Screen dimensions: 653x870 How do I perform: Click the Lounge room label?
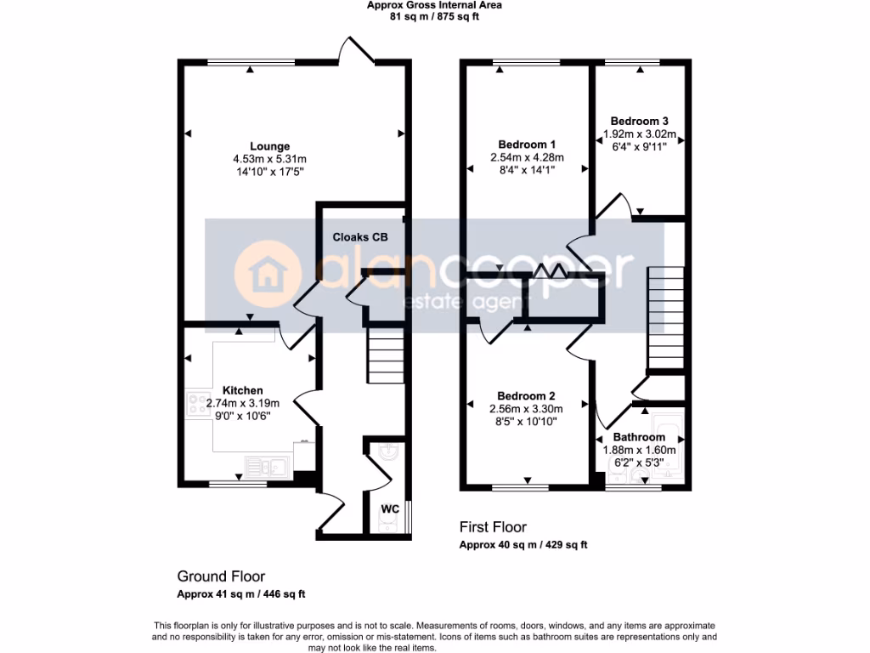click(269, 146)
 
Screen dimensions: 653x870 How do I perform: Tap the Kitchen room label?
click(243, 390)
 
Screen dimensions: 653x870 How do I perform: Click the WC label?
click(390, 508)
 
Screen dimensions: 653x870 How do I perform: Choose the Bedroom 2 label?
click(526, 396)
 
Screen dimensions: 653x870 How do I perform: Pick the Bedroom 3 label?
click(639, 121)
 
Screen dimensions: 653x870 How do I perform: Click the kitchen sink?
click(268, 465)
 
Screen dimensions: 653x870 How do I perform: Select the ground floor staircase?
click(385, 356)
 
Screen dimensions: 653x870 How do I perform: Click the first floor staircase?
click(665, 315)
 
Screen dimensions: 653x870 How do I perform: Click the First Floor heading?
click(493, 527)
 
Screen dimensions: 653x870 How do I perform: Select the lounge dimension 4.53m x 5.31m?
click(269, 159)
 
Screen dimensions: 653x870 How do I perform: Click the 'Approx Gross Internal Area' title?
click(434, 5)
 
